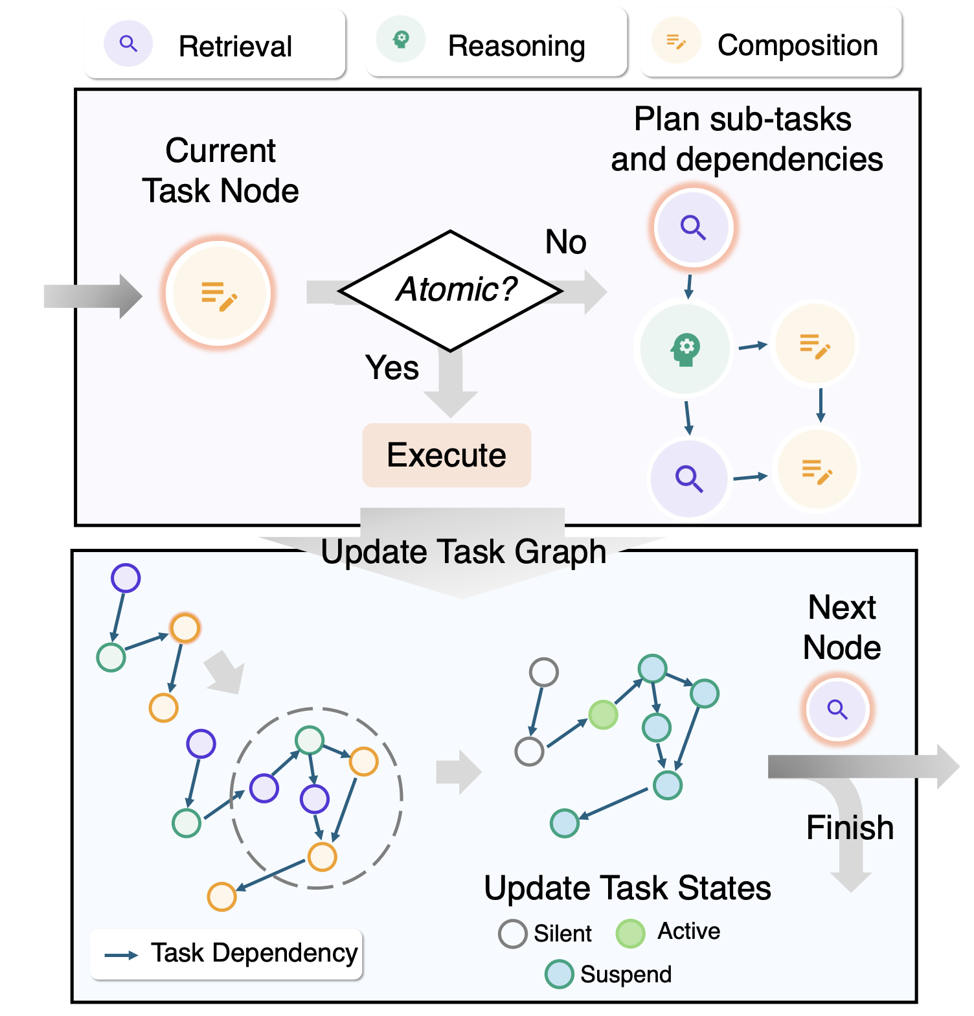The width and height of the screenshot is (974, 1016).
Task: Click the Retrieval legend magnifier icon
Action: point(128,44)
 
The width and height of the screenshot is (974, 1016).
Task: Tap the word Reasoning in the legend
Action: point(516,46)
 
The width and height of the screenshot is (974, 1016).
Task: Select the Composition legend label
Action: point(797,45)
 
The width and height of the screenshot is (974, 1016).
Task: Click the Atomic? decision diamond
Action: point(451,290)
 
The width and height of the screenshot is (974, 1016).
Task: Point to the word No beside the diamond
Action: point(565,242)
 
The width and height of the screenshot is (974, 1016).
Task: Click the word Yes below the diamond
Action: point(392,367)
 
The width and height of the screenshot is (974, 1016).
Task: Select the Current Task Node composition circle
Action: point(219,294)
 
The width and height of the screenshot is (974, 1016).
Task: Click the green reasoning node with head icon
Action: point(685,349)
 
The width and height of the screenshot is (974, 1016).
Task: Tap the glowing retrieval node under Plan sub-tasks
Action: point(693,227)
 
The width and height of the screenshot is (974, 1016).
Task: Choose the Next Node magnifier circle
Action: point(837,710)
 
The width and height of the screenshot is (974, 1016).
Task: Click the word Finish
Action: point(850,827)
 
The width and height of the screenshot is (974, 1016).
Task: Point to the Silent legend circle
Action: point(512,934)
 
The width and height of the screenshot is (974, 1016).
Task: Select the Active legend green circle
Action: point(630,934)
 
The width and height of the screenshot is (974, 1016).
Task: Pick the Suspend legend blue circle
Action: point(559,975)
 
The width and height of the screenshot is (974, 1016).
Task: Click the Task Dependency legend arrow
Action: point(121,955)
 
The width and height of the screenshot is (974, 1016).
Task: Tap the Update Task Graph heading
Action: point(463,552)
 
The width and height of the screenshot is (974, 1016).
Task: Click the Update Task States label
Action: point(627,888)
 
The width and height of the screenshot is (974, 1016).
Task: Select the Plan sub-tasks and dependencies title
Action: point(746,139)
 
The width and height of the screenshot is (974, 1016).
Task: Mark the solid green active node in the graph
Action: point(603,715)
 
